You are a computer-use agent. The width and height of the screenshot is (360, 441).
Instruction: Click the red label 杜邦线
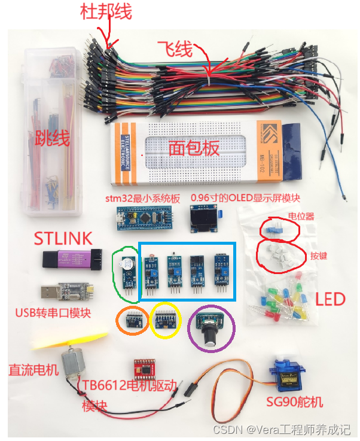(x=106, y=11)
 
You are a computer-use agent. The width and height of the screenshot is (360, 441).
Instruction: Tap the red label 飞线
(x=177, y=48)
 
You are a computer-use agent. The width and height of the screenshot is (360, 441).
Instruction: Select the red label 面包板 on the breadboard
(x=194, y=148)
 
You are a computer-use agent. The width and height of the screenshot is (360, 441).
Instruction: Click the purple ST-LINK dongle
(x=66, y=259)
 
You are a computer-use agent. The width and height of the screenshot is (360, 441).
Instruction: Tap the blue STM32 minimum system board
(x=144, y=218)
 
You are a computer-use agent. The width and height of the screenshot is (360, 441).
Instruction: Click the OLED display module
(x=204, y=218)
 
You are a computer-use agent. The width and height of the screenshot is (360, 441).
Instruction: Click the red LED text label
(x=330, y=299)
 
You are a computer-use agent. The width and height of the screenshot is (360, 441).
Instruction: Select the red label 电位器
(x=301, y=216)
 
